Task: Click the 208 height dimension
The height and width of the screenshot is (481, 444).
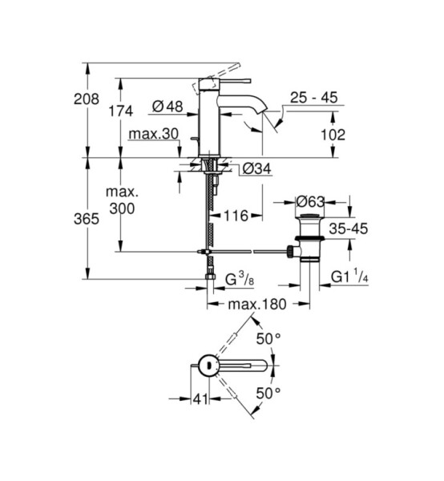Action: pos(87,99)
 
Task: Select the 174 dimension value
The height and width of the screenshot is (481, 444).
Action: pos(121,111)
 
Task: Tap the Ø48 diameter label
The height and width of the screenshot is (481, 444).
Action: pos(168,107)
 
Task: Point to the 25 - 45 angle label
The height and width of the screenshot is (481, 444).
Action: pos(313,98)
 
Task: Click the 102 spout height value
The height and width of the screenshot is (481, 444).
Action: pos(333,135)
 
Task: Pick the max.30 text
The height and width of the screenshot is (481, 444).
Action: pos(154,134)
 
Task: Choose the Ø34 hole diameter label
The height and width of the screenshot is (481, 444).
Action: pos(257,168)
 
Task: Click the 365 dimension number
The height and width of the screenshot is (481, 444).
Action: pos(87,219)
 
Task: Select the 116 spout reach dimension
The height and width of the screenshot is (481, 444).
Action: pos(236,216)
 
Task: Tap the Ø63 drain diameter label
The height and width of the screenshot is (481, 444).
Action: pos(310,202)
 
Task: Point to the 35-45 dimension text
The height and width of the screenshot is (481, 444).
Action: pos(349,228)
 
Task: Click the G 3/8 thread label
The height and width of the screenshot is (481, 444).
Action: pos(240,280)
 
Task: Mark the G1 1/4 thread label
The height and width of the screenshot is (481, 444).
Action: pos(349,276)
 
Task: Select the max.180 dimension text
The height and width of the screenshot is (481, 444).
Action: pos(257,304)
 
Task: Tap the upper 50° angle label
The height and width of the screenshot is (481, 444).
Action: pos(268,338)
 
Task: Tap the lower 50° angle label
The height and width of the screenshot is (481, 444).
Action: pos(268,393)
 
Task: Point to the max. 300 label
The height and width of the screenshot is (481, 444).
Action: pos(122,200)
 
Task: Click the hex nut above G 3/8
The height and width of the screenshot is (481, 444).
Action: pos(210,276)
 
